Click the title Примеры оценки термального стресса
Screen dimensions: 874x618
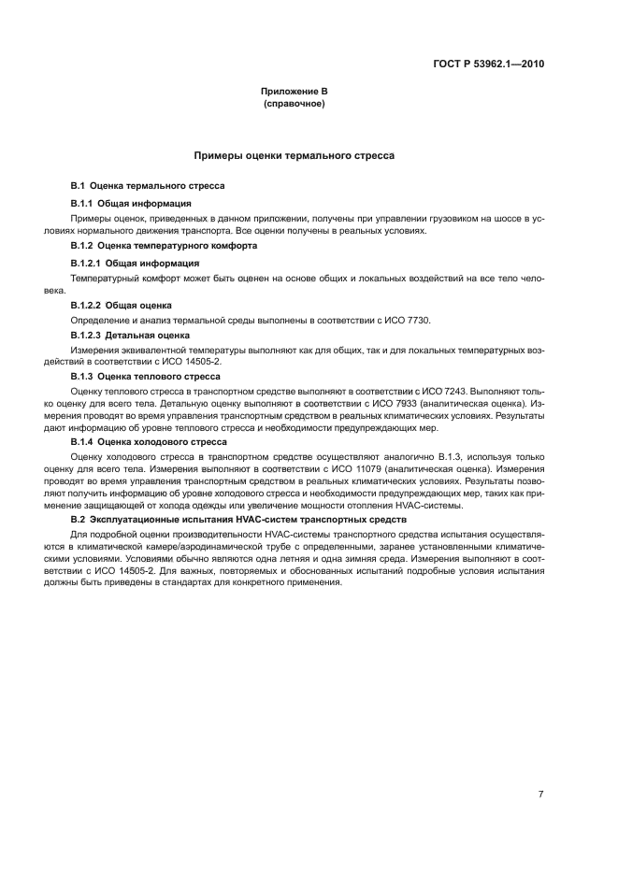point(294,155)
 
